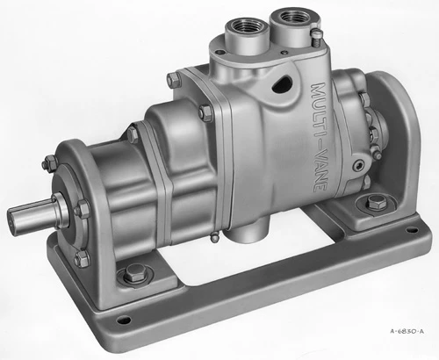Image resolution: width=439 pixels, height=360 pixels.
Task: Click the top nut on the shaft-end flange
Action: click(x=48, y=163)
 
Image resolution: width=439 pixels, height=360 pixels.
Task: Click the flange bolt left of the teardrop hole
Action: click(x=204, y=113)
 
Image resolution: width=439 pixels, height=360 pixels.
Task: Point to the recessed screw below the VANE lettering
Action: click(x=357, y=164)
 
